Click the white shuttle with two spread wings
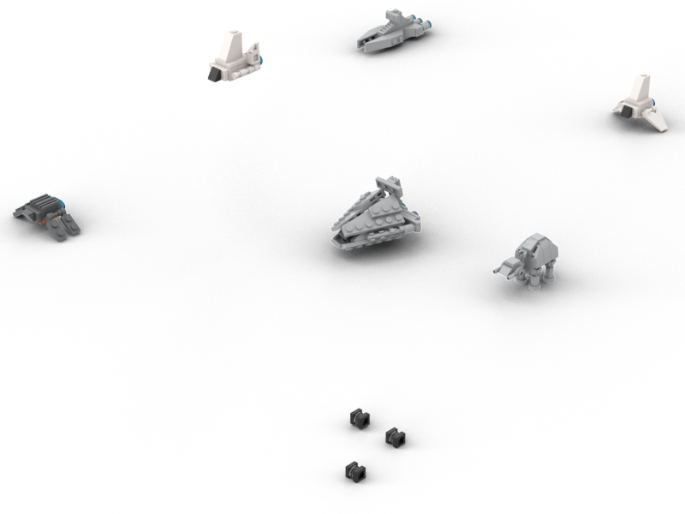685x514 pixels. coord(639,105)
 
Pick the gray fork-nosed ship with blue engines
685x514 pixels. coord(392,30)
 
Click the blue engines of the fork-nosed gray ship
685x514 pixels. coord(419,20)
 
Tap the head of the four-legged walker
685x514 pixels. coord(505,267)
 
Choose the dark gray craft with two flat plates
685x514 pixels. coord(47,212)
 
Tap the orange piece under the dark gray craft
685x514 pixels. coord(40,220)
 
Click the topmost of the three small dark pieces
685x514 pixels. coord(360,417)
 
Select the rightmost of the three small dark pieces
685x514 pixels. coord(395,436)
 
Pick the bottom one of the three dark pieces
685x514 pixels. coord(355,469)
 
